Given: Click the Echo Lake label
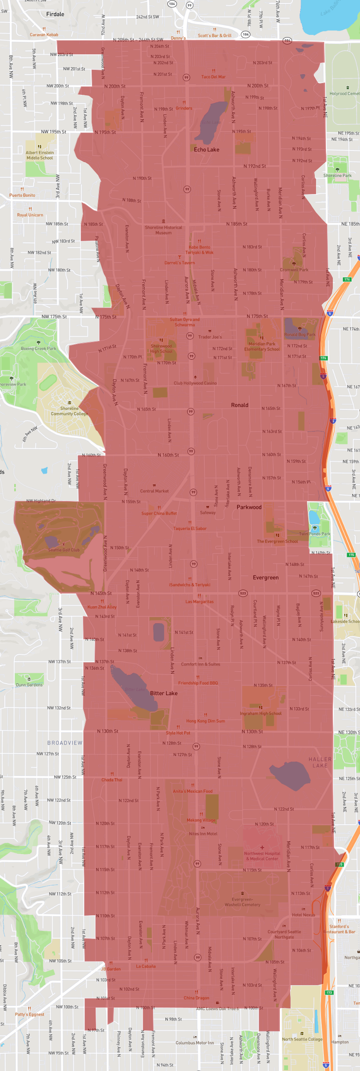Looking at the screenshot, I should [x=207, y=150].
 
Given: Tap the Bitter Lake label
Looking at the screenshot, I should [x=164, y=693].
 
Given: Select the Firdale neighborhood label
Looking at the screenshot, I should [x=55, y=14].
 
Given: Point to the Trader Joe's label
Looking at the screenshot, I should [x=210, y=337].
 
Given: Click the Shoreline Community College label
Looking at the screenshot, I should [x=69, y=411].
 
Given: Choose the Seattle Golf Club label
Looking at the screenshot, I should [x=64, y=550].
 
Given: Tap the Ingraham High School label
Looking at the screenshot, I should [x=260, y=713].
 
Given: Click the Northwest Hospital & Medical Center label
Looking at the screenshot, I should [x=262, y=856].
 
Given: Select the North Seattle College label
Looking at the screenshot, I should [x=302, y=1039].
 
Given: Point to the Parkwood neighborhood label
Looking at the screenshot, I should [x=249, y=507].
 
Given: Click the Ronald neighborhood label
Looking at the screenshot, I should [x=239, y=405].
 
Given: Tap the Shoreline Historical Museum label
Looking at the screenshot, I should [x=163, y=230].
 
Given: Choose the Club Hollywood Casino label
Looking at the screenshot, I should [x=195, y=383].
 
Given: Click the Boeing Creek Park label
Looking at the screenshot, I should [x=38, y=348].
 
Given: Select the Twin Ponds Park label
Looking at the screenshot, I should [x=315, y=534].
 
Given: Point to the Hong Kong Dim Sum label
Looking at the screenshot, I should [x=205, y=721].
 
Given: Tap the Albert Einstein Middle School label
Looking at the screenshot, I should [x=40, y=155].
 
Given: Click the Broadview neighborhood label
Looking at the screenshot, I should [x=65, y=743].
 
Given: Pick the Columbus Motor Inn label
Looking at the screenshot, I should [x=194, y=1043].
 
